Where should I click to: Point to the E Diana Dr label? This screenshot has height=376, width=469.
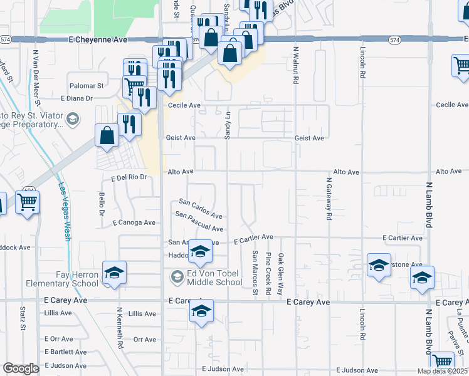tap(76, 98)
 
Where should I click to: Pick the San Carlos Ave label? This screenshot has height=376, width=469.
tap(201, 209)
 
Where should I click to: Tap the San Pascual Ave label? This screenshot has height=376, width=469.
tap(199, 222)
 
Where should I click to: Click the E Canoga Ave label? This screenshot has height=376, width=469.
tap(134, 222)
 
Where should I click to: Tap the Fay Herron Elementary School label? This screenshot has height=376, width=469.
tap(62, 279)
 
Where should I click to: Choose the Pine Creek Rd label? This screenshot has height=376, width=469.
tap(268, 273)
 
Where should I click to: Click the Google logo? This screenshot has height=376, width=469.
tap(21, 368)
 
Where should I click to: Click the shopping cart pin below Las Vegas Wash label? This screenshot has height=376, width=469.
tap(28, 204)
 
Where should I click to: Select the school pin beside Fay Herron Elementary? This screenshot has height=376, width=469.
tap(115, 273)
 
